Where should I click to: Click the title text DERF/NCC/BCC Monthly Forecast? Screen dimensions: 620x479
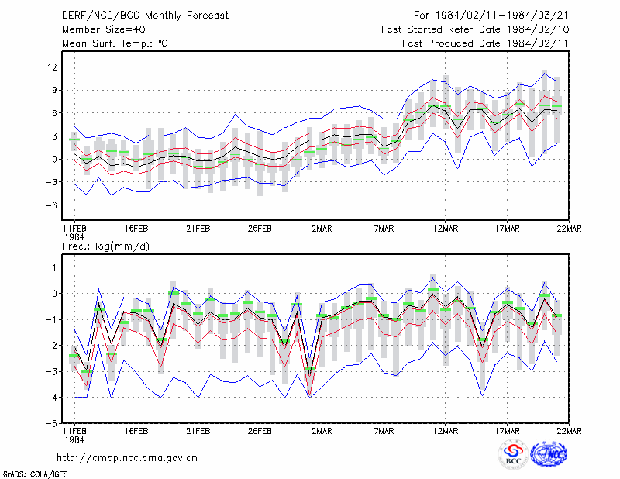tap(145, 16)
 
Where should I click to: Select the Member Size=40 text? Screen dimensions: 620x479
tap(104, 29)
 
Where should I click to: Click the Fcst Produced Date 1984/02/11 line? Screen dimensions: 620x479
tap(486, 43)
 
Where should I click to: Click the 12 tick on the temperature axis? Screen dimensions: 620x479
tap(52, 67)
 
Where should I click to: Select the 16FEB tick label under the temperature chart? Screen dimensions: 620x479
tap(136, 229)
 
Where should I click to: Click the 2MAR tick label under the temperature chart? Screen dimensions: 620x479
tap(322, 229)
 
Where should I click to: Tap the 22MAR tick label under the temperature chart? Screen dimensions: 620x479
tap(569, 229)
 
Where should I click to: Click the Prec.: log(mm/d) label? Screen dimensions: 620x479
tap(105, 246)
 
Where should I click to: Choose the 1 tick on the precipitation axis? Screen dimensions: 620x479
tap(54, 267)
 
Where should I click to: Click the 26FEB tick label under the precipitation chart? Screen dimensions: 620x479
tap(260, 431)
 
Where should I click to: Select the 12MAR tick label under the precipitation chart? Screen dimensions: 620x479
tap(446, 431)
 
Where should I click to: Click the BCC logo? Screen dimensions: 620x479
tap(513, 455)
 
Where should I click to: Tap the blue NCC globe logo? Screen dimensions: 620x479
tap(549, 454)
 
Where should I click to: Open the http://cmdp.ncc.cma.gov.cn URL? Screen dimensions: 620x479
tap(127, 458)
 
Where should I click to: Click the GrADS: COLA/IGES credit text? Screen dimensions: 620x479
tap(36, 474)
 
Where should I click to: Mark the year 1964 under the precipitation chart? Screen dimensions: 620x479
tap(74, 439)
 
